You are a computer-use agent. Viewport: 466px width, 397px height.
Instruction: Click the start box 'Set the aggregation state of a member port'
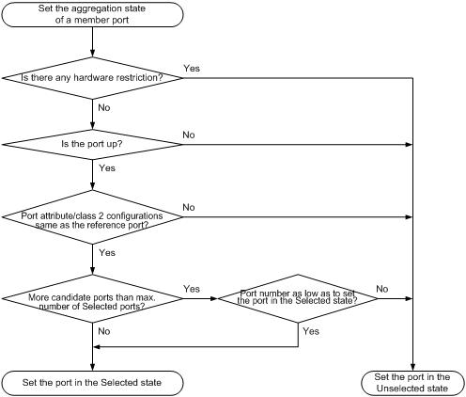point(92,14)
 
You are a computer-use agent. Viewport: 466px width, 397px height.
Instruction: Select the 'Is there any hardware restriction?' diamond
point(92,78)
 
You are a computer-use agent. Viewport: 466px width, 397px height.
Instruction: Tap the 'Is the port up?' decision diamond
point(92,144)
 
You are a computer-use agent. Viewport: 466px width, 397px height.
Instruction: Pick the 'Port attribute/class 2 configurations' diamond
point(92,217)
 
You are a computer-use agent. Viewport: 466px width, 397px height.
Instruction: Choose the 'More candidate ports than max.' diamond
point(92,298)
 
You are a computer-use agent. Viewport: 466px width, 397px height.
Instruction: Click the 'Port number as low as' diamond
point(298,298)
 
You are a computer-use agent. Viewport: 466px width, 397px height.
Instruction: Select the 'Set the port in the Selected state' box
point(92,383)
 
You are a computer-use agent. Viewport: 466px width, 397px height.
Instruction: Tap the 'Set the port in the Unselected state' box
point(412,383)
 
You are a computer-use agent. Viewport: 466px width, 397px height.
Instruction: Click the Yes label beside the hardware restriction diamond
point(192,69)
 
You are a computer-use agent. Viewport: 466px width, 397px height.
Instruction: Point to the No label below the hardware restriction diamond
point(104,108)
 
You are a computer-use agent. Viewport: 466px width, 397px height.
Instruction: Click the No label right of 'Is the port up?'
point(189,135)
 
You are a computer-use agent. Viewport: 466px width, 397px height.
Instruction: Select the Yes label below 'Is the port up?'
point(107,168)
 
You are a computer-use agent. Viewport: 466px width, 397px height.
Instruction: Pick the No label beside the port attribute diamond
point(189,207)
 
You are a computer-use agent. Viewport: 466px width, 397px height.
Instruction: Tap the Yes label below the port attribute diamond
point(107,253)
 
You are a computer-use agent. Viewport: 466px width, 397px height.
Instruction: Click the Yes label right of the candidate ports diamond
point(192,289)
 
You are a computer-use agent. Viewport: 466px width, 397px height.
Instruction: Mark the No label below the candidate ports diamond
point(104,331)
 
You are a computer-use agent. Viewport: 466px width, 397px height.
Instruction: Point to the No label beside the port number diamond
point(382,289)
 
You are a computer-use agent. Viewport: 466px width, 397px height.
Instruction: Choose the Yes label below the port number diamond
point(311,331)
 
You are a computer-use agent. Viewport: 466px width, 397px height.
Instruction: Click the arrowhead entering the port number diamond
point(214,298)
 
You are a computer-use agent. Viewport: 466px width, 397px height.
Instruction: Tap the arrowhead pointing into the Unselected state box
point(412,368)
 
